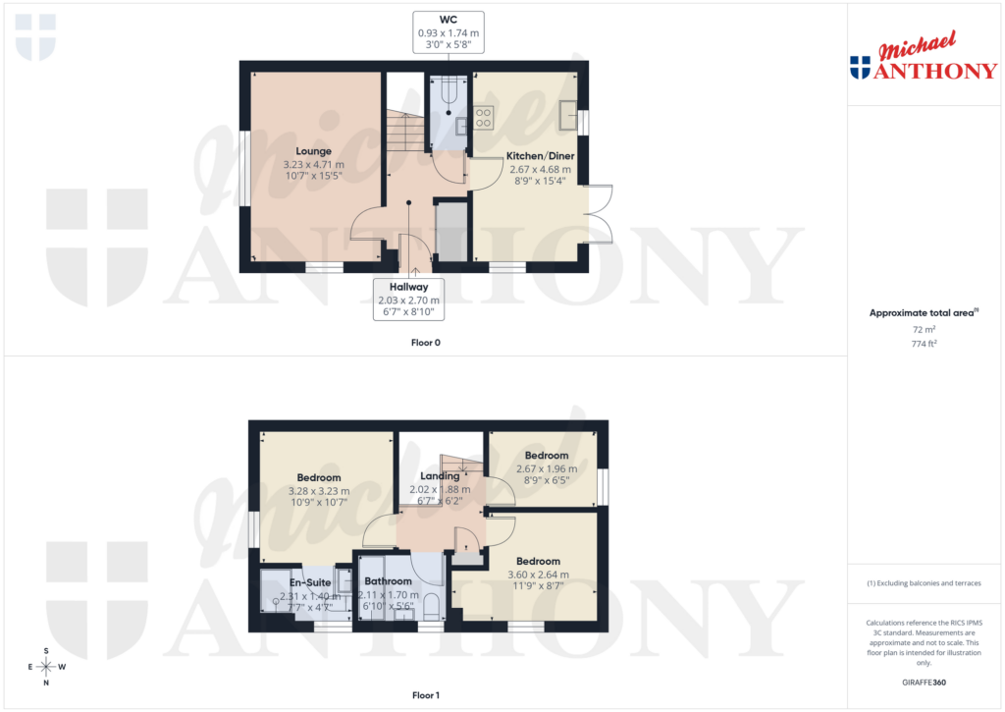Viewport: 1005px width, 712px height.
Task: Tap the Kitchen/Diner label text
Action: [540, 156]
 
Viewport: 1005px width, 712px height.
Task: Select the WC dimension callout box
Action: [449, 32]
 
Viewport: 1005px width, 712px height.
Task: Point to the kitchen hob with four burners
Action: [483, 118]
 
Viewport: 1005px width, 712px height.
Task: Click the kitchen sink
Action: [568, 116]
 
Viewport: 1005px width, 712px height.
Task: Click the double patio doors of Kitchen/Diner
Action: [599, 213]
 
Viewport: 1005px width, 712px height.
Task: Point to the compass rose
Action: [46, 667]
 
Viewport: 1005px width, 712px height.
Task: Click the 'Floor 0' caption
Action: [425, 343]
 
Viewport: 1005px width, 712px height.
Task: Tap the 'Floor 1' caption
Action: [425, 695]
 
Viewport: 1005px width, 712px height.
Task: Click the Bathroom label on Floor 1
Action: [388, 581]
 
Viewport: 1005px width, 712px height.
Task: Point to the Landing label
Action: [440, 476]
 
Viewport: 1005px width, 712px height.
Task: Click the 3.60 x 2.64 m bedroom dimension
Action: [537, 575]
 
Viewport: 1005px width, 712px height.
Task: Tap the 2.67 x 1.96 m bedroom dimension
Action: [547, 468]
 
